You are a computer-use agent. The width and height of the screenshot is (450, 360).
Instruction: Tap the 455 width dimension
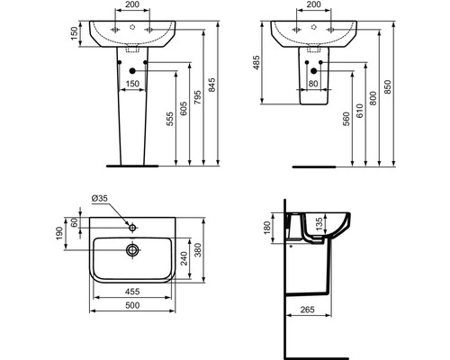pos(132,292)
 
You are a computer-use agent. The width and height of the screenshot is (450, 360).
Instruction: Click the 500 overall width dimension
pos(132,306)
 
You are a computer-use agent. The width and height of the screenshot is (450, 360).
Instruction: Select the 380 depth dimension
pos(210,253)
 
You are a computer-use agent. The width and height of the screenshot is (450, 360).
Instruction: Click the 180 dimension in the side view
pos(265,228)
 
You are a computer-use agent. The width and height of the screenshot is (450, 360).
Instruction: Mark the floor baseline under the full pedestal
pos(132,166)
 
